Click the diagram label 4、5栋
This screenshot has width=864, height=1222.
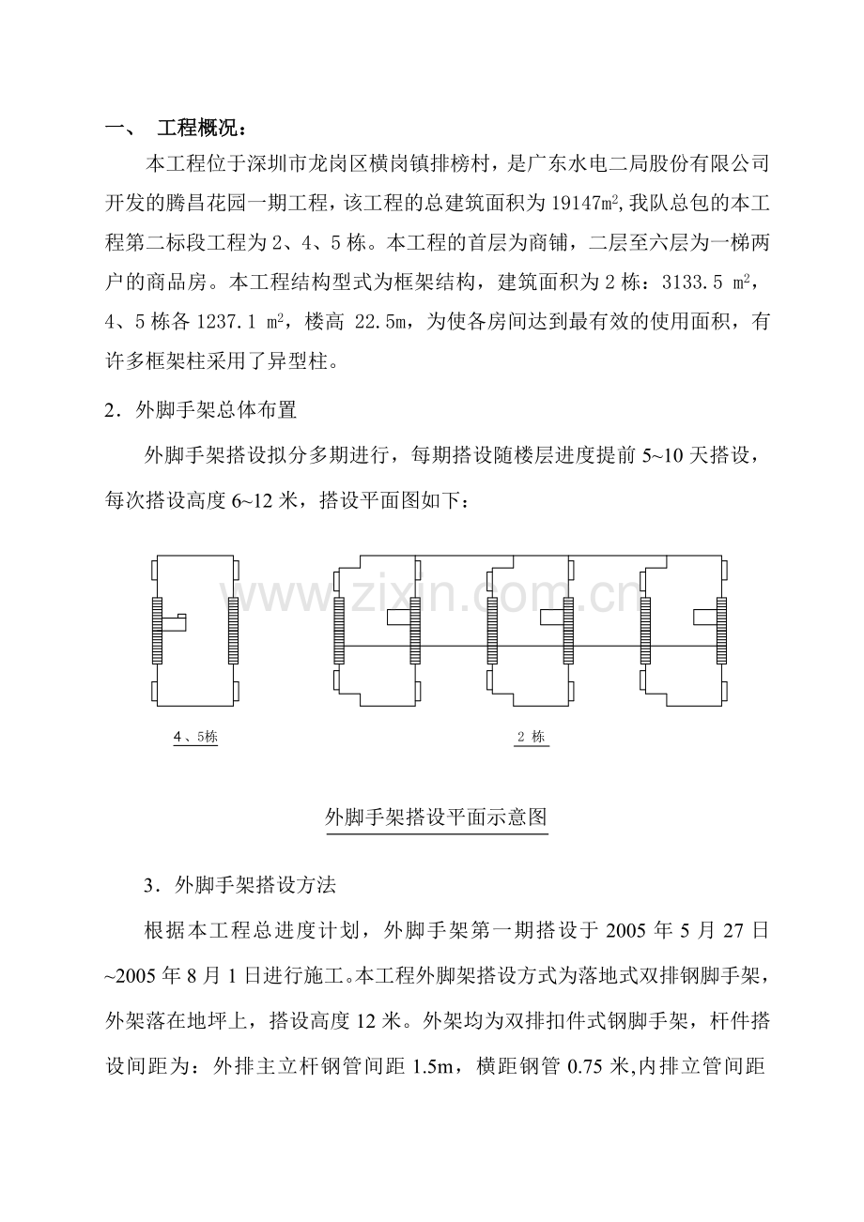point(195,737)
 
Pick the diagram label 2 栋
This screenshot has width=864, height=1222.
point(532,737)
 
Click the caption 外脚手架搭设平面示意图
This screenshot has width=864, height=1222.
point(435,817)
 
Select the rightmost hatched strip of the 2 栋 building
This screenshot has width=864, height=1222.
point(721,630)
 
